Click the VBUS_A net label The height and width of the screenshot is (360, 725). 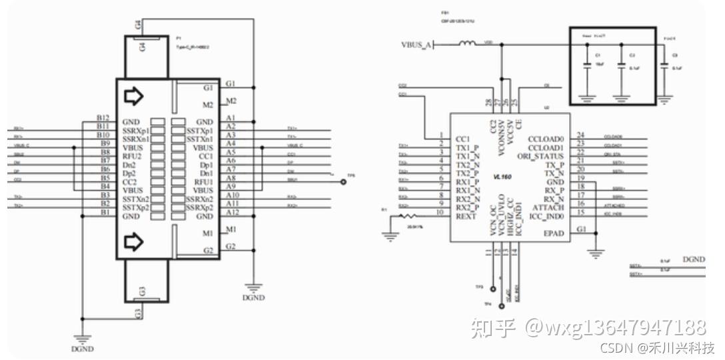416,45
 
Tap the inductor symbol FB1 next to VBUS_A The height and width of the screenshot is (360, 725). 466,45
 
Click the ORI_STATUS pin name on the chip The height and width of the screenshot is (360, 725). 540,156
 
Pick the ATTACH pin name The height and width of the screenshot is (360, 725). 549,207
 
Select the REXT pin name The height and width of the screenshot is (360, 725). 467,216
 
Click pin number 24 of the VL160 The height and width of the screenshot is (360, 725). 581,135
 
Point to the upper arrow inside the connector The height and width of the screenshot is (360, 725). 134,97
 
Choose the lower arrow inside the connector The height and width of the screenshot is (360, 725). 134,239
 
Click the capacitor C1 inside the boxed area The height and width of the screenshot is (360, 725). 587,65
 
